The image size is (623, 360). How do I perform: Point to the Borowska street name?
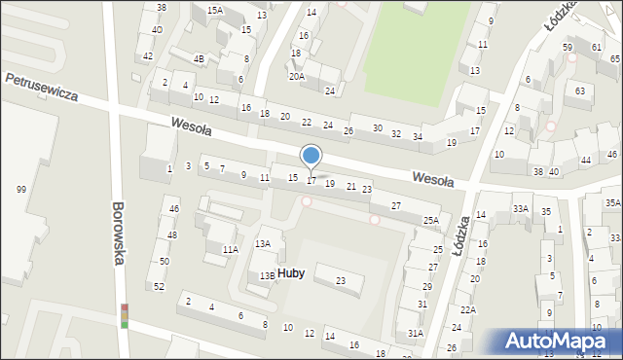pos(119,234)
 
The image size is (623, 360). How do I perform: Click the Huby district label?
pos(290,273)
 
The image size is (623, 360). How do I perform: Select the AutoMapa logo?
pos(560,342)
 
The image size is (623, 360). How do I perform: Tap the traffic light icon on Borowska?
pos(125,316)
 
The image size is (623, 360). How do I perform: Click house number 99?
pos(20,189)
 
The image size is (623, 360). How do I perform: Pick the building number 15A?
pos(214,10)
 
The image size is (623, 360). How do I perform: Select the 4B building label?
pos(199,58)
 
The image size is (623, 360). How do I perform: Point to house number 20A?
pos(297,75)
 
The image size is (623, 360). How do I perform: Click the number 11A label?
pos(230,250)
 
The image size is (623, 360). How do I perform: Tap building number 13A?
pos(263,243)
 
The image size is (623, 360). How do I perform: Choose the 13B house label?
pos(267,275)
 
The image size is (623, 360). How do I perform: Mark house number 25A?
pos(431,221)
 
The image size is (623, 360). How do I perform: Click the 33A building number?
pos(522,208)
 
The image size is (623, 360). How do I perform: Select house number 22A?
pos(468,309)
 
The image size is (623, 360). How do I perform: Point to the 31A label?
pos(416,334)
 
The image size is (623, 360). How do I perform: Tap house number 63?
pos(580,91)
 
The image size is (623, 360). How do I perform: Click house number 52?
pos(159,287)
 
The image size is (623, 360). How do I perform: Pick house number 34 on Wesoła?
pos(417,136)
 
